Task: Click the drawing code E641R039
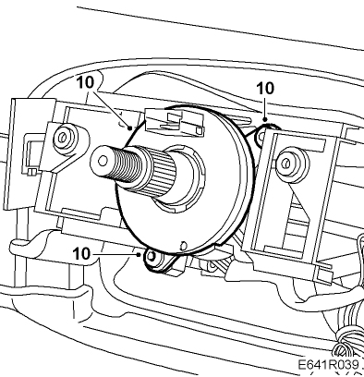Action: (328, 365)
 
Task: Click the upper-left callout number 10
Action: (85, 82)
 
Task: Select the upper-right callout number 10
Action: (265, 89)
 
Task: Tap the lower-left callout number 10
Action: (82, 254)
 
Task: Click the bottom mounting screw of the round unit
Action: (152, 256)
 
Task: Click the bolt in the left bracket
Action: (63, 137)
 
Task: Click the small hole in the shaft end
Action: (103, 161)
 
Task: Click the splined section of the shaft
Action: (160, 174)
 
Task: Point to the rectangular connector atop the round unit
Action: (175, 122)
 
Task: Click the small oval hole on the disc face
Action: (184, 246)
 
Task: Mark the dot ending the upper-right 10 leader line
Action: (264, 119)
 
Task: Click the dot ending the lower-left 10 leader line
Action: (140, 254)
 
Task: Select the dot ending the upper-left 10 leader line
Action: (130, 128)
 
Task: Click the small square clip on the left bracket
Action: (30, 173)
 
